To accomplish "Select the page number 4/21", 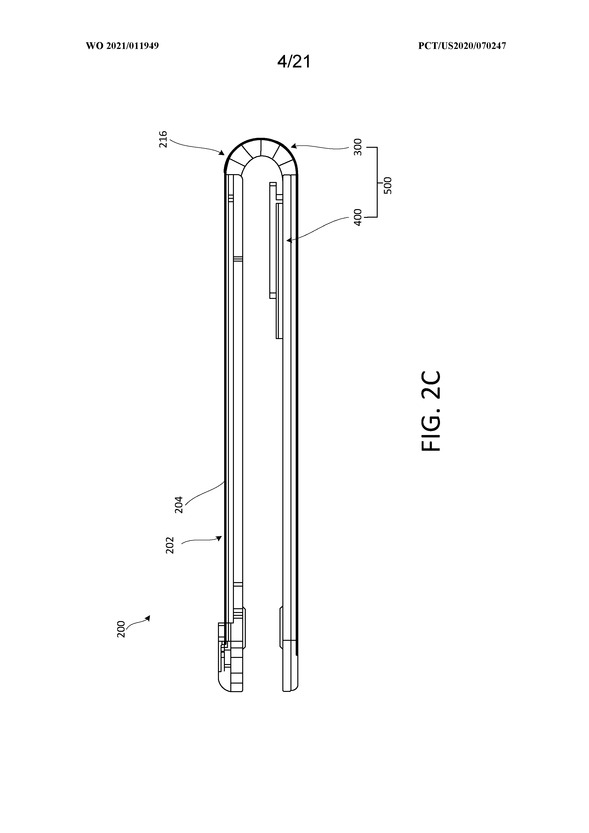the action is click(294, 62).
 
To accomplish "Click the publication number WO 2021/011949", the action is click(122, 46).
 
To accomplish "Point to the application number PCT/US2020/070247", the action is click(462, 46).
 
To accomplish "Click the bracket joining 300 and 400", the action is click(377, 182).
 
